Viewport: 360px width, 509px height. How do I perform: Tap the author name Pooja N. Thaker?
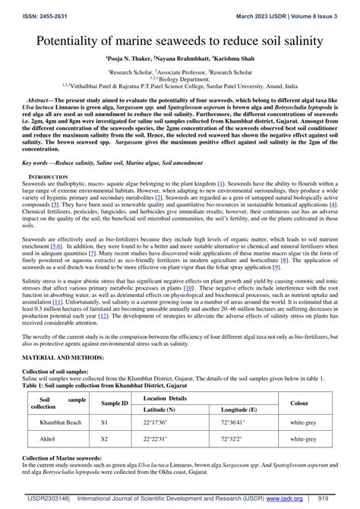(129, 57)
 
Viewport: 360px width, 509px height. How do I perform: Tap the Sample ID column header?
(115, 403)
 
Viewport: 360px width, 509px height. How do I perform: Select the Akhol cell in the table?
(47, 438)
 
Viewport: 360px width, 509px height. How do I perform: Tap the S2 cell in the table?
(106, 438)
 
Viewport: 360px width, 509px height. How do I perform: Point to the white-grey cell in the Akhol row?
(303, 438)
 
